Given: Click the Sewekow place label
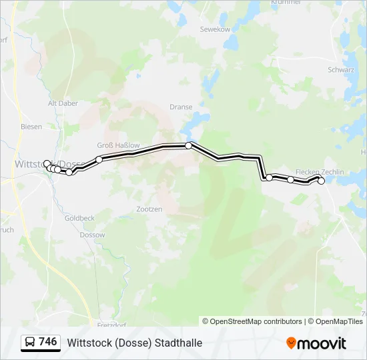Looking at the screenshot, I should pyautogui.click(x=214, y=29).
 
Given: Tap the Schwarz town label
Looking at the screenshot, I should pyautogui.click(x=340, y=69).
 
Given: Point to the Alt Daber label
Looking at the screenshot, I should pyautogui.click(x=63, y=103).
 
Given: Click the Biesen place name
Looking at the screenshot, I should pyautogui.click(x=31, y=127).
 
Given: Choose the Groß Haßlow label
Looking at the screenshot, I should pyautogui.click(x=119, y=145).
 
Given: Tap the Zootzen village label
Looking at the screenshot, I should pyautogui.click(x=149, y=209).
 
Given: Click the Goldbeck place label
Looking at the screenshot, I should pyautogui.click(x=79, y=218).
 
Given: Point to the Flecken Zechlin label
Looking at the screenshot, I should pyautogui.click(x=320, y=172).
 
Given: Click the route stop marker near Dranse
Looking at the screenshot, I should pyautogui.click(x=189, y=145).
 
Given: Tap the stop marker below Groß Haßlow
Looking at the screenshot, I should pyautogui.click(x=99, y=159).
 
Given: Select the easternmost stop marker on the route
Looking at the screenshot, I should pyautogui.click(x=322, y=181).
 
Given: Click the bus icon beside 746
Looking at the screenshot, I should pyautogui.click(x=30, y=343).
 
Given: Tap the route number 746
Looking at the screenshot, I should pyautogui.click(x=48, y=342).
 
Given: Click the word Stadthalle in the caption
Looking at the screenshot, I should pyautogui.click(x=178, y=343).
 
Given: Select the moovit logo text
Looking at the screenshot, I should pyautogui.click(x=322, y=343).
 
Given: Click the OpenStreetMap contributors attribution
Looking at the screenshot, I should pyautogui.click(x=256, y=321).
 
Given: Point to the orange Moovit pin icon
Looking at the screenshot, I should pyautogui.click(x=291, y=343).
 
